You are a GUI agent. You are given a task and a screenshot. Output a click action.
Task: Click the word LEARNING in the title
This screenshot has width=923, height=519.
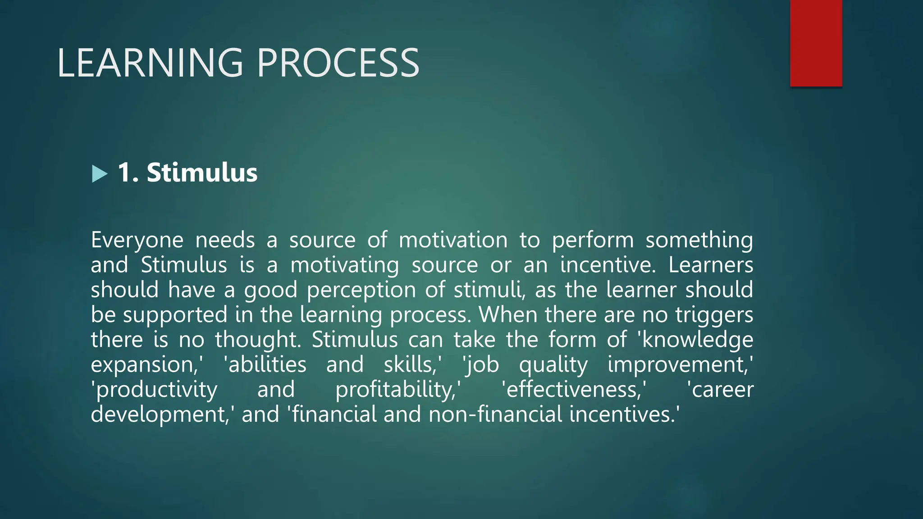(150, 63)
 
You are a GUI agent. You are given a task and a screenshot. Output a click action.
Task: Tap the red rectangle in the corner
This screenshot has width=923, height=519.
(816, 43)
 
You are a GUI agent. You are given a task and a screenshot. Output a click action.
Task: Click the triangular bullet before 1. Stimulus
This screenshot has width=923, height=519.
(99, 174)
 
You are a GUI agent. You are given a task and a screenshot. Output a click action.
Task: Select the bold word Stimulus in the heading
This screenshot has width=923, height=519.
(202, 173)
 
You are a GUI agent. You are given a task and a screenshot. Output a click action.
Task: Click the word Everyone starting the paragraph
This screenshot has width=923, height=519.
(137, 240)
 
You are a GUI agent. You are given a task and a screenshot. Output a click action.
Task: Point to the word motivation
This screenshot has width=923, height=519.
(453, 240)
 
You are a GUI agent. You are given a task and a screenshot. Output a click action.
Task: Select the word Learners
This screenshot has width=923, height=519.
(710, 265)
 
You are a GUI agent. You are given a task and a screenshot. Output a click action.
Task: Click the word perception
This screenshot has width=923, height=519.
(361, 290)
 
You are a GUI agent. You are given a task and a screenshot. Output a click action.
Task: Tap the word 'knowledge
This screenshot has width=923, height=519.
(696, 340)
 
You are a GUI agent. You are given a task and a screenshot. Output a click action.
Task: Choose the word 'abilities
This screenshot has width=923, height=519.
(265, 364)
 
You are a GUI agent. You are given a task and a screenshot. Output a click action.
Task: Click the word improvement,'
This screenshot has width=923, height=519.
(680, 364)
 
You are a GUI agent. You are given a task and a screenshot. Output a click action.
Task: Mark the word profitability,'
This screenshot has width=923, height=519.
(398, 390)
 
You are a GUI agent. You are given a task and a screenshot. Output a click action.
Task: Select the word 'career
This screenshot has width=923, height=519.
(720, 390)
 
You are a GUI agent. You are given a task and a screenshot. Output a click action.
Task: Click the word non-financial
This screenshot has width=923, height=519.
(495, 414)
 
